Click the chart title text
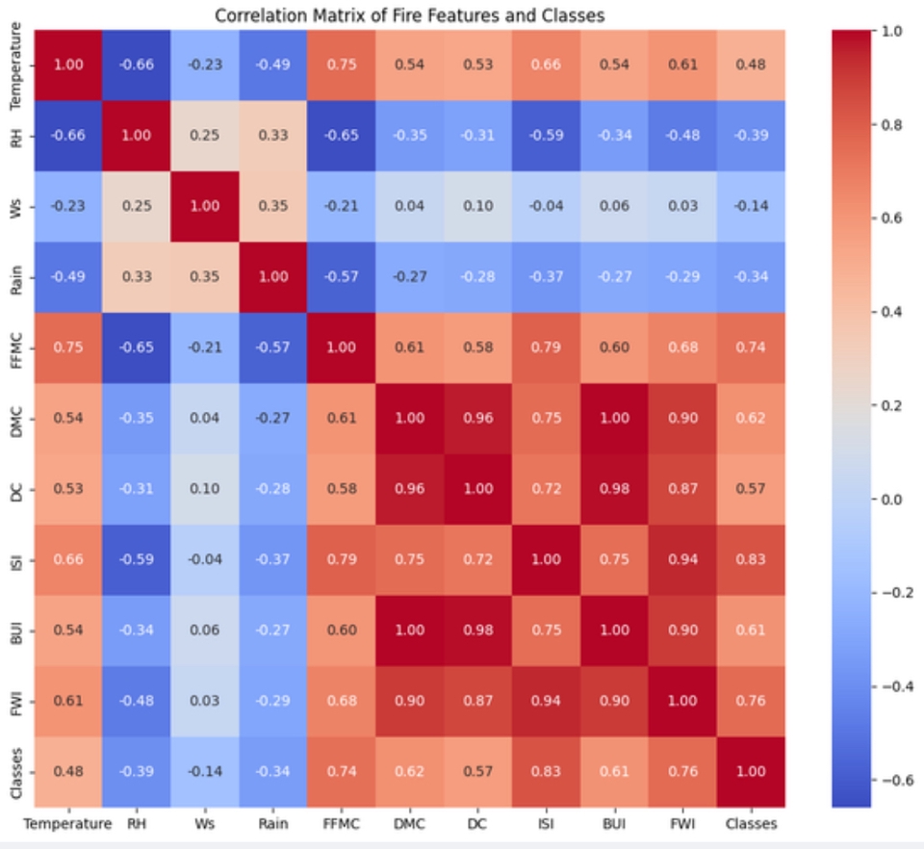click(410, 15)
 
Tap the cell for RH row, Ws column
click(205, 136)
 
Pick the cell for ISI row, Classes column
click(751, 559)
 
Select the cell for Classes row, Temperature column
click(68, 771)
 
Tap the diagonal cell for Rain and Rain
click(273, 277)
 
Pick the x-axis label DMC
click(409, 824)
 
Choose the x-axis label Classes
click(751, 824)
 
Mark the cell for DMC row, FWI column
click(682, 418)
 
